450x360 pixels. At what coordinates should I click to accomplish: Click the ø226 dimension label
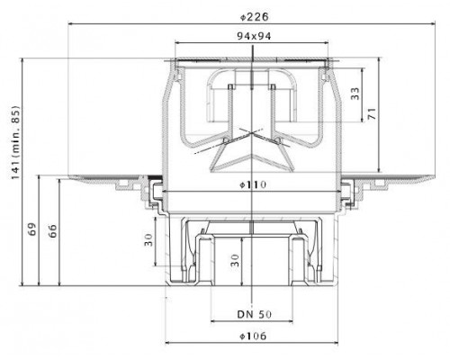click(255, 17)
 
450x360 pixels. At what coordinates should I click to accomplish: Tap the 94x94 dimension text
click(254, 36)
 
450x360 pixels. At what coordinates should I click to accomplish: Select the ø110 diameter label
click(253, 184)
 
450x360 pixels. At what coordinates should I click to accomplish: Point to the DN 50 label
click(255, 314)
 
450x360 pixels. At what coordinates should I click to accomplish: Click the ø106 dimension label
click(253, 336)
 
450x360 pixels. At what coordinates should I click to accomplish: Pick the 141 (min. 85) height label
click(15, 142)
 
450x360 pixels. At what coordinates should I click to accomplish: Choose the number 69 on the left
click(32, 229)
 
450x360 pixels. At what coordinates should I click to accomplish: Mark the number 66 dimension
click(52, 230)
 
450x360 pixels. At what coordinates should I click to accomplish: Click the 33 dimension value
click(355, 94)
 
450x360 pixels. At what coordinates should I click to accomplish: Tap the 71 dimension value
click(372, 113)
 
